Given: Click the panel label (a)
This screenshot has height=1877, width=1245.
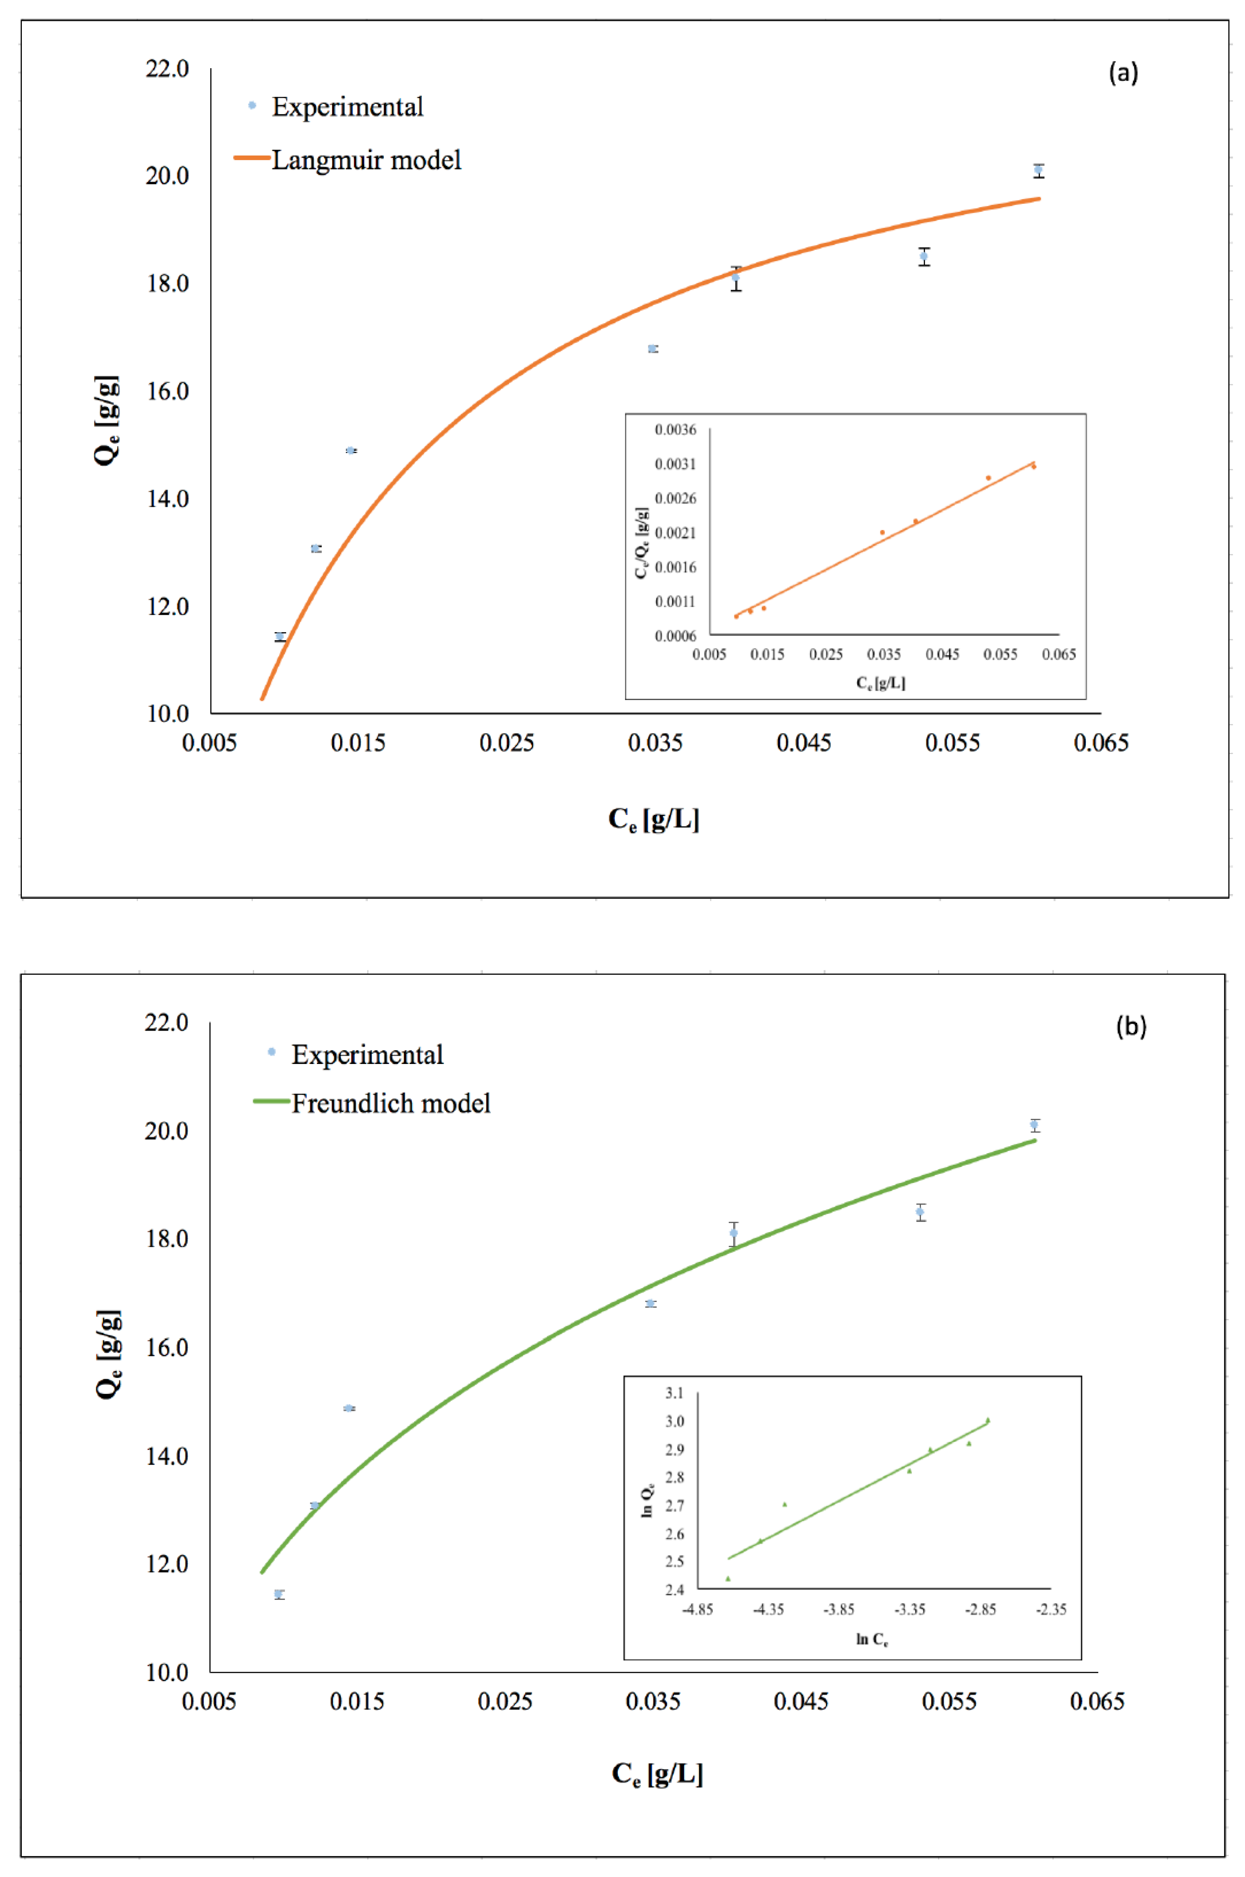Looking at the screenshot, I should [1123, 73].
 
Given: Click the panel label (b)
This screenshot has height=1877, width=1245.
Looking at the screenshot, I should [1130, 1027].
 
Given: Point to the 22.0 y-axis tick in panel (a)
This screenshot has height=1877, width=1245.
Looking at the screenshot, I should [167, 69].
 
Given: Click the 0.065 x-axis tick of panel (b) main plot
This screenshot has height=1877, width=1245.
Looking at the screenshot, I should [1097, 1701].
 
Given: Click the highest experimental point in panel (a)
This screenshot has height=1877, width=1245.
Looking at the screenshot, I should [1038, 170].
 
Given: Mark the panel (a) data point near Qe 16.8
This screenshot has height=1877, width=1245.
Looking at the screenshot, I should [653, 349].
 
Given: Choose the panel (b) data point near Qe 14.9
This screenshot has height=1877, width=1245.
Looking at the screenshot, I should [349, 1408].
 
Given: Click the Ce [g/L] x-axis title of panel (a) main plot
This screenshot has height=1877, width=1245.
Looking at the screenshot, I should [653, 819].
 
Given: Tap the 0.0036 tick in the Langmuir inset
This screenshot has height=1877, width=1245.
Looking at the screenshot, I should [675, 430].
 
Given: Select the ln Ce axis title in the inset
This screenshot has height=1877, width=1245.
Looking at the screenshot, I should [871, 1639].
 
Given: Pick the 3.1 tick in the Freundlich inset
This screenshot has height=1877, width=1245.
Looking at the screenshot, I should [674, 1392].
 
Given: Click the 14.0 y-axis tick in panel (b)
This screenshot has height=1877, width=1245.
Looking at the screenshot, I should [167, 1455].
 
